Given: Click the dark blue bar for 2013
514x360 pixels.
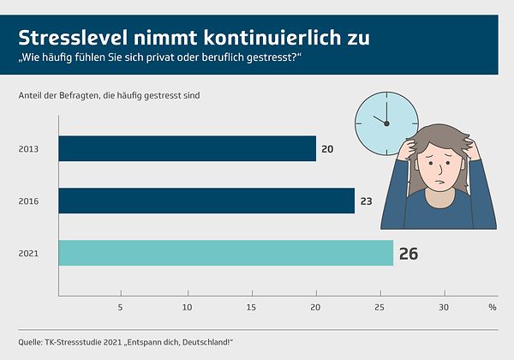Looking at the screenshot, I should click(x=187, y=149).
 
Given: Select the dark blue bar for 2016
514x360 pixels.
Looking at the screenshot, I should click(x=206, y=201).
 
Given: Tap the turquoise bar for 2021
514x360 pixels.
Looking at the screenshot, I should click(x=225, y=253).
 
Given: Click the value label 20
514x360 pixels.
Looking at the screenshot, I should click(x=327, y=149).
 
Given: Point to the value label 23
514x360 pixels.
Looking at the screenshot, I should click(x=366, y=201).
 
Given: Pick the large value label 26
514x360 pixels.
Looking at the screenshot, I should click(x=409, y=254).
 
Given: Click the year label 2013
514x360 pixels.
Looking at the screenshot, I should click(x=28, y=149).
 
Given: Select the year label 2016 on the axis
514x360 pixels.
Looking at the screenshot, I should click(x=28, y=201).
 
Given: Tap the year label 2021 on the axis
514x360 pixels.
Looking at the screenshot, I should click(x=28, y=253).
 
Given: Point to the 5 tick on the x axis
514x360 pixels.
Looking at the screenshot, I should click(x=121, y=307).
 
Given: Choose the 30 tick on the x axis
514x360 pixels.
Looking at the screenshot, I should click(x=444, y=307).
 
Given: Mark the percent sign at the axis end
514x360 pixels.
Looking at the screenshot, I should click(x=492, y=307).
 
